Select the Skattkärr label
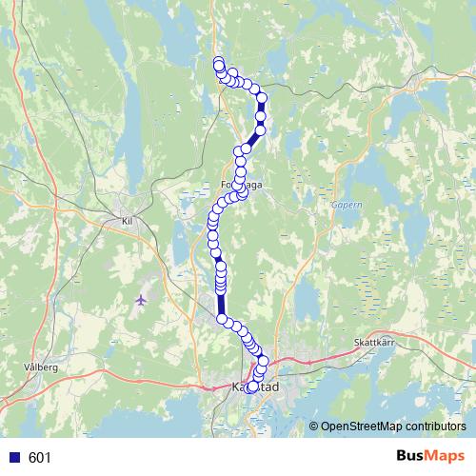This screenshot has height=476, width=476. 373,340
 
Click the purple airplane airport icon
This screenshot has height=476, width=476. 141,300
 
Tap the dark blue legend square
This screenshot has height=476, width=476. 10,458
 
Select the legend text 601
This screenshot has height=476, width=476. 40,458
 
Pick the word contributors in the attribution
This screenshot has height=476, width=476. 433,426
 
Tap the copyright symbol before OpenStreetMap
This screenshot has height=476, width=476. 314,426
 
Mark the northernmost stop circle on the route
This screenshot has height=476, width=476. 219,64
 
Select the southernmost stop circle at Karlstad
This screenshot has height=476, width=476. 251,387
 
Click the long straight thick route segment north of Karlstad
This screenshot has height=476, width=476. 221,303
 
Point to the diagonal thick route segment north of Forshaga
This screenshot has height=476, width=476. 251,141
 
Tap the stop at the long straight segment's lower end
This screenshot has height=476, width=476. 222,319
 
